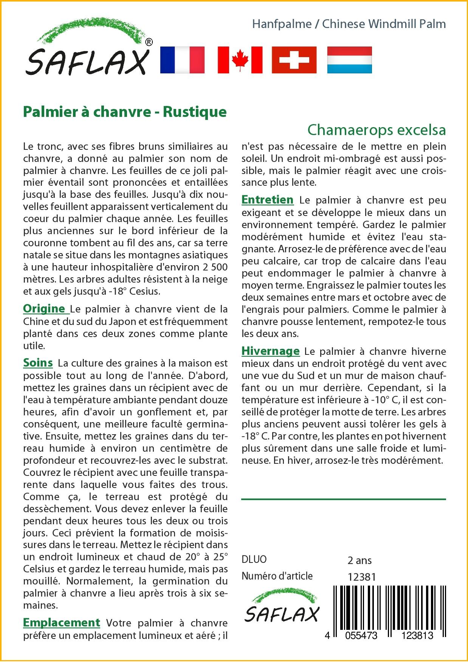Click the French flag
tap(182, 60)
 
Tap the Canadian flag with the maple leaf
tap(240, 60)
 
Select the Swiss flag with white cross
tap(294, 60)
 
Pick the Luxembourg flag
tap(349, 60)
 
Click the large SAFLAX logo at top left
tap(87, 49)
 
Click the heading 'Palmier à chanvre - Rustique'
tap(125, 112)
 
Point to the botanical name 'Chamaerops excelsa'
tap(377, 130)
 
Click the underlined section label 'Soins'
tap(38, 363)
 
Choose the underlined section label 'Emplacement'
tap(62, 622)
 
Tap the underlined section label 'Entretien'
tap(267, 200)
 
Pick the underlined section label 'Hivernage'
tap(270, 351)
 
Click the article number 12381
tap(361, 577)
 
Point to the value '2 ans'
tap(360, 560)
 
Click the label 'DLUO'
tap(254, 559)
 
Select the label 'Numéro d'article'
tap(277, 576)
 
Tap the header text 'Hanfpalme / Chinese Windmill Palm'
tap(349, 24)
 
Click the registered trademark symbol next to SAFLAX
tap(149, 42)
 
